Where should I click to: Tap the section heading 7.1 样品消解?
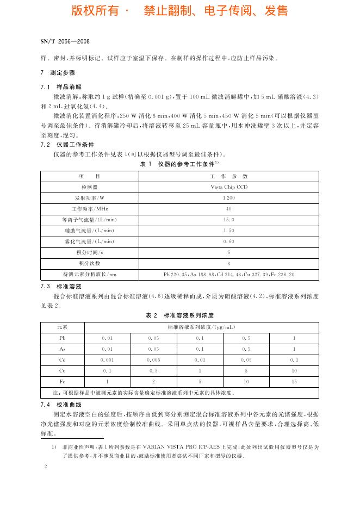point(61,86)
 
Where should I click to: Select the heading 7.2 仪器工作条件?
point(67,145)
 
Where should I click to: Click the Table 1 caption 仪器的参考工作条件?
point(188,164)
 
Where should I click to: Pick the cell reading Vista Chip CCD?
point(229,187)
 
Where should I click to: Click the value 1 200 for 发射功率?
point(229,197)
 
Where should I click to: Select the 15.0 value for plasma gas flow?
point(229,220)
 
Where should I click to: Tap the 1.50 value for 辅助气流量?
point(229,231)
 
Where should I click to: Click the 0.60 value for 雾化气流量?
point(229,241)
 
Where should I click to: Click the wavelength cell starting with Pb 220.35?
point(229,274)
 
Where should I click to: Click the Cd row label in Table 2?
point(63,360)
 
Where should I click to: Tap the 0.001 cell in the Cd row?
point(108,360)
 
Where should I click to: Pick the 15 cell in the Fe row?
point(294,382)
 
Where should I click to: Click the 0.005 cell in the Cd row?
point(154,360)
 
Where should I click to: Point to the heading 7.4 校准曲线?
point(61,405)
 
